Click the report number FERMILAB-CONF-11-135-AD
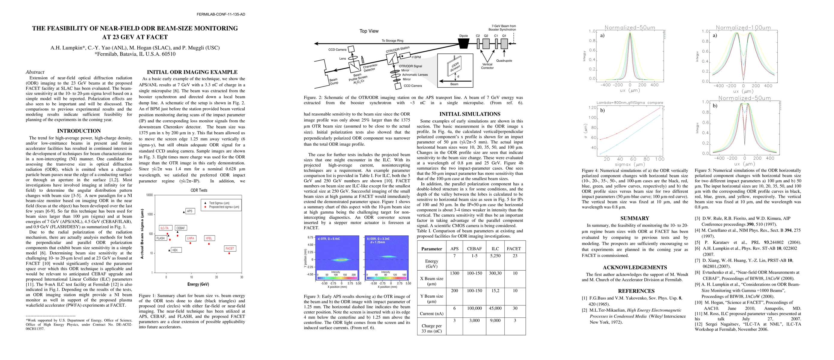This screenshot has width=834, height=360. [x=221, y=14]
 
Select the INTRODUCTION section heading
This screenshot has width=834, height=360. [x=79, y=131]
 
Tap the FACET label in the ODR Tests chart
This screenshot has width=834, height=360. [x=230, y=248]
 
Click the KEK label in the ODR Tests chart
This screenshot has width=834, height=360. [x=175, y=250]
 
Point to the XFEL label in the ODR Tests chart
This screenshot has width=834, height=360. [x=209, y=238]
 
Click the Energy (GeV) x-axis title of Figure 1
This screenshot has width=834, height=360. [x=198, y=284]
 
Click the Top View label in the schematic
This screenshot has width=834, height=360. [x=369, y=31]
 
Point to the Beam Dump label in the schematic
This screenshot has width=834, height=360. [x=333, y=81]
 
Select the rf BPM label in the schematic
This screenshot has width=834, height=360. [x=416, y=57]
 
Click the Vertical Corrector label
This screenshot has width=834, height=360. [x=487, y=66]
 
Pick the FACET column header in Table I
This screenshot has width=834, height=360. [x=514, y=249]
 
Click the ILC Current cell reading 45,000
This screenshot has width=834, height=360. [x=495, y=308]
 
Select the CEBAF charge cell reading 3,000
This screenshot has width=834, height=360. [x=474, y=320]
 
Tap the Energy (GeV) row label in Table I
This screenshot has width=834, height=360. [x=432, y=263]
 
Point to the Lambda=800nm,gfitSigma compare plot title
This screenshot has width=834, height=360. [x=630, y=103]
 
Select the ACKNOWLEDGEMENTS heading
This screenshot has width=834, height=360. [x=635, y=267]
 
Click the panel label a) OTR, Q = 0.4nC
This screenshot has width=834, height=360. [x=329, y=238]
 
